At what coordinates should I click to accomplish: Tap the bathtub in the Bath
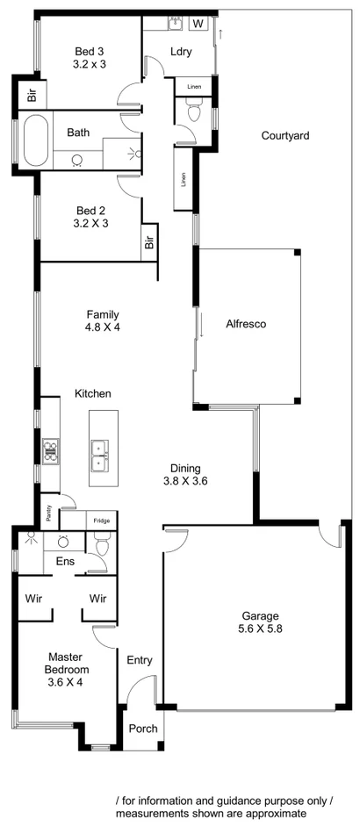[x=36, y=141]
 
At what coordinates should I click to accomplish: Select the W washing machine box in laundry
[x=198, y=23]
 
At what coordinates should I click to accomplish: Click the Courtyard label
[x=285, y=136]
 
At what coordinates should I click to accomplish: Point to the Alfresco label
[x=246, y=324]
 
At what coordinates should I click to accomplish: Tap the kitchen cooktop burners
[x=49, y=449]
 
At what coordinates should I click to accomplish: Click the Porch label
[x=143, y=729]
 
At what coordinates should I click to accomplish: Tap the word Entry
[x=140, y=660]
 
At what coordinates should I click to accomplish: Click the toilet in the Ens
[x=102, y=547]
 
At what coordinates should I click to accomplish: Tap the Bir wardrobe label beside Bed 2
[x=148, y=242]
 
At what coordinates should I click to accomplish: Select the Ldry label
[x=181, y=52]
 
